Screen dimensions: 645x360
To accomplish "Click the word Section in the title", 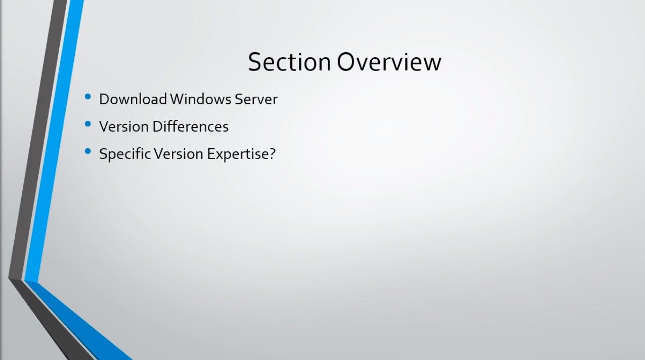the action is pyautogui.click(x=289, y=62).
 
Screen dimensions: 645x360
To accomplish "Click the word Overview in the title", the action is pyautogui.click(x=389, y=62).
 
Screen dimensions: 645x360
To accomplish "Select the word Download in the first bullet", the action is pyautogui.click(x=133, y=99).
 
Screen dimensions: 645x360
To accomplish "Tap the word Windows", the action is pyautogui.click(x=200, y=99).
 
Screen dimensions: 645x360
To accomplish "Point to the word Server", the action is pyautogui.click(x=256, y=99).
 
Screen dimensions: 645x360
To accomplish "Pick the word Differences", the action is pyautogui.click(x=191, y=126).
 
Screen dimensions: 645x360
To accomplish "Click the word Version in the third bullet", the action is pyautogui.click(x=179, y=154).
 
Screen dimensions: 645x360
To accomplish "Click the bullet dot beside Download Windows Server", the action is pyautogui.click(x=88, y=97).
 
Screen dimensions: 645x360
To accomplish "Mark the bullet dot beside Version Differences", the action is pyautogui.click(x=88, y=124).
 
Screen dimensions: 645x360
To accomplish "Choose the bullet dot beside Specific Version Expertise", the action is pyautogui.click(x=88, y=152).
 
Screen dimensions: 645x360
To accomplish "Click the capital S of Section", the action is pyautogui.click(x=254, y=62).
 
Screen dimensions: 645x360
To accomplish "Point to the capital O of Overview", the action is pyautogui.click(x=346, y=62).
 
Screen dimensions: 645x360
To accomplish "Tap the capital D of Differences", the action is pyautogui.click(x=158, y=126).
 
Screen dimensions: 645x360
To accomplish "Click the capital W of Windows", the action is pyautogui.click(x=177, y=99).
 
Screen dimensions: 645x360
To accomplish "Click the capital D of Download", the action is pyautogui.click(x=104, y=99).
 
